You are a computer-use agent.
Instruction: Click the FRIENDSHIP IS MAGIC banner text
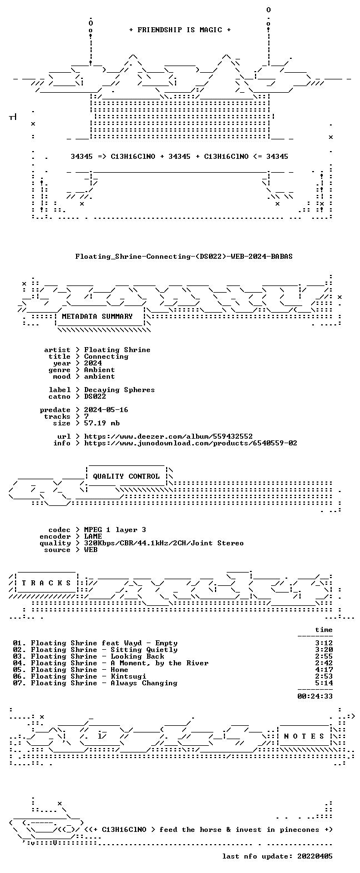point(180,30)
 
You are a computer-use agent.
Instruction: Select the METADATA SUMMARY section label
point(97,317)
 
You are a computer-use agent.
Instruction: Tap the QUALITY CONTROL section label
point(126,476)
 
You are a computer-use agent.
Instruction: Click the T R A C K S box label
point(47,583)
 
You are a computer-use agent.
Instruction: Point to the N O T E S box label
point(304,736)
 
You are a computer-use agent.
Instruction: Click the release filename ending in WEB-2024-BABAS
point(184,257)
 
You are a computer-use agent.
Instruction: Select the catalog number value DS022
point(95,397)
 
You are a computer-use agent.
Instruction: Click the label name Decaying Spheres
point(119,390)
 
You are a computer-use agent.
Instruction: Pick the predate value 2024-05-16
point(106,410)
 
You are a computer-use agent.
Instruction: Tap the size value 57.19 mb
point(102,423)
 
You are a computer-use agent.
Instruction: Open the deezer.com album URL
point(168,436)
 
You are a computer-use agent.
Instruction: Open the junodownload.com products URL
point(191,443)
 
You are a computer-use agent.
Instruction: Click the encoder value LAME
point(93,536)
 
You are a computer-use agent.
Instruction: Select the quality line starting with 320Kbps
point(164,543)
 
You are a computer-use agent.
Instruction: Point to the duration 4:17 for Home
point(324,670)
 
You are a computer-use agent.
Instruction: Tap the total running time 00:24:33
point(315,696)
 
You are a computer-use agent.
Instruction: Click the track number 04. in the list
point(19,663)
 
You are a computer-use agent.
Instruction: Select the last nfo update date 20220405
point(315,856)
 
